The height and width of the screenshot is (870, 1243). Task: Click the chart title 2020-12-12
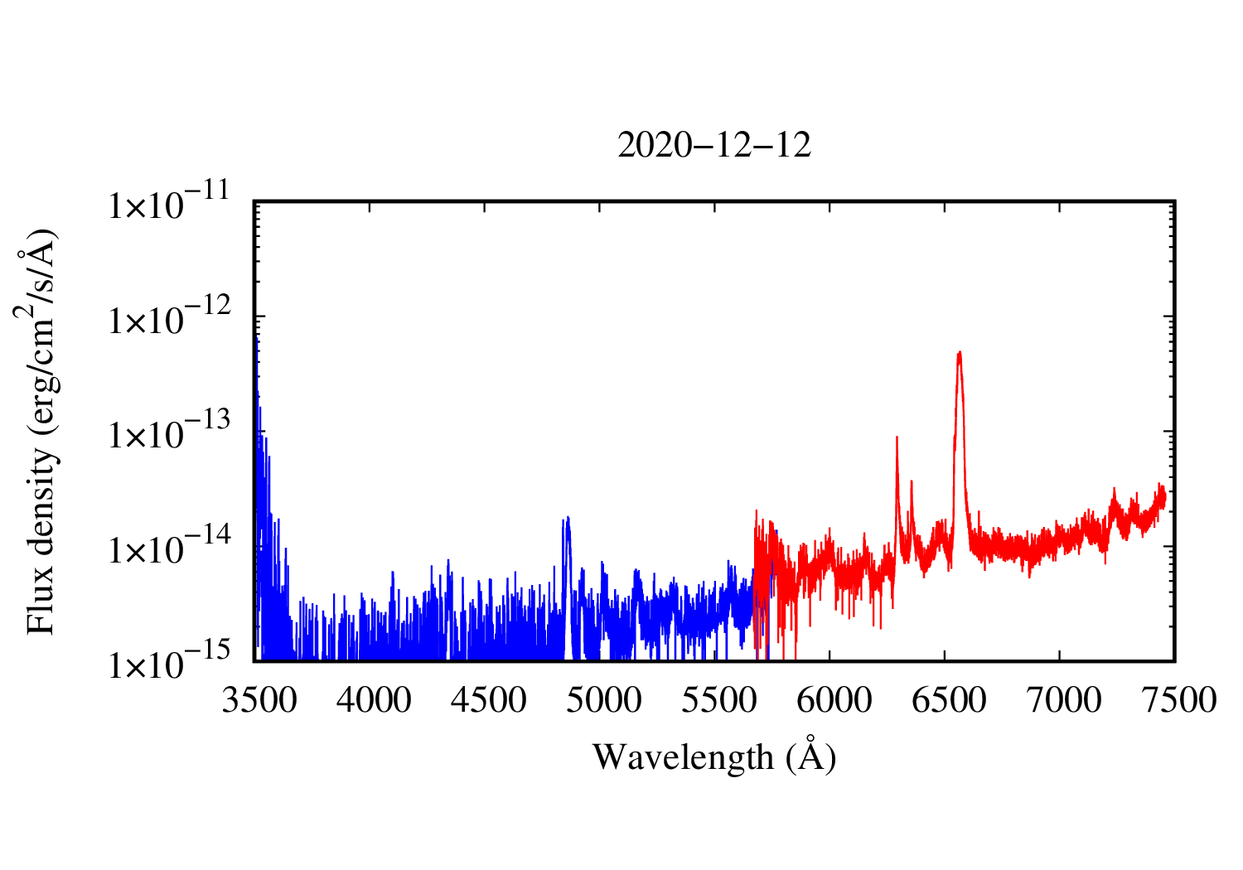[714, 146]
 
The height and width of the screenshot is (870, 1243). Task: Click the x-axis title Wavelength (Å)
[714, 756]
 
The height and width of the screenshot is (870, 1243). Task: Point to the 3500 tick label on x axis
[259, 701]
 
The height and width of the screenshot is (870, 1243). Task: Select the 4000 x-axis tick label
[375, 701]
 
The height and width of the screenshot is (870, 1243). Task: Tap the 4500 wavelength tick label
[489, 701]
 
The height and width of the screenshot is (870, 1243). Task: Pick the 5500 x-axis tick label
[718, 701]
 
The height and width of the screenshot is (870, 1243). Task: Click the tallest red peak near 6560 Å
[959, 353]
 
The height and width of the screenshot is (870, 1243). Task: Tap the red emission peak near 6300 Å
[897, 437]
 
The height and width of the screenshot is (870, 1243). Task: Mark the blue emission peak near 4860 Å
[568, 519]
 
